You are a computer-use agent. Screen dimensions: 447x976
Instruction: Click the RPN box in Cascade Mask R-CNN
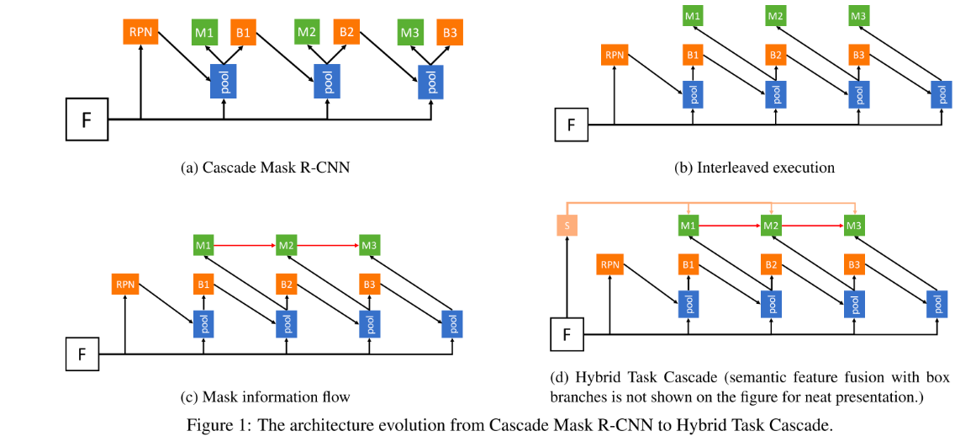point(140,34)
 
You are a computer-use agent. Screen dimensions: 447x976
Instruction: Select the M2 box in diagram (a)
point(306,34)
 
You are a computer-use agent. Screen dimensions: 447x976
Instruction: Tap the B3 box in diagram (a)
point(450,34)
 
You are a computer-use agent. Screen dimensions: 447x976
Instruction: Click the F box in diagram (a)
point(87,119)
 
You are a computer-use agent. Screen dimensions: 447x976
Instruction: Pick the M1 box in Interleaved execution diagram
point(692,16)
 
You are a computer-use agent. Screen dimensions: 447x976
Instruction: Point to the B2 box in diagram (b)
point(775,56)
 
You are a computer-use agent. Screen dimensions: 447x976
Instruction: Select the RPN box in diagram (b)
point(615,56)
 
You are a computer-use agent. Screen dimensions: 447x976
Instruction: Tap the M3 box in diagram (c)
point(369,245)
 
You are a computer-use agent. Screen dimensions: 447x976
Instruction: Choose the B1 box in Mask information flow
point(203,285)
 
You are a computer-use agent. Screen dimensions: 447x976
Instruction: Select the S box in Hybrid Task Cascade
point(567,226)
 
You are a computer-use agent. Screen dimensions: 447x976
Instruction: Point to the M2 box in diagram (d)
point(772,226)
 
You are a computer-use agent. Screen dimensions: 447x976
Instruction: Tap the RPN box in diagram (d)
point(609,266)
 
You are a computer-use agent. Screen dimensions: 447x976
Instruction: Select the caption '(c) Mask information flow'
point(265,396)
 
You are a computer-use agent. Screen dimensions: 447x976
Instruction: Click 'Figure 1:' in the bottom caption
point(217,424)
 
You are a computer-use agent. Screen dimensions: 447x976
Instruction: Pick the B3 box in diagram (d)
point(855,266)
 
